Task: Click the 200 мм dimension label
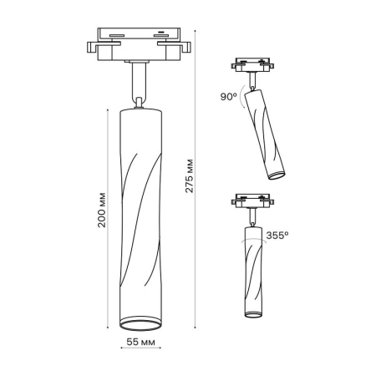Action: pyautogui.click(x=100, y=214)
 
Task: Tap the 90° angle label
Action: pyautogui.click(x=230, y=97)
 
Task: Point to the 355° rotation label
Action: pyautogui.click(x=277, y=236)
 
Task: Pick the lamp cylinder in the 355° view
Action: pyautogui.click(x=252, y=272)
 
